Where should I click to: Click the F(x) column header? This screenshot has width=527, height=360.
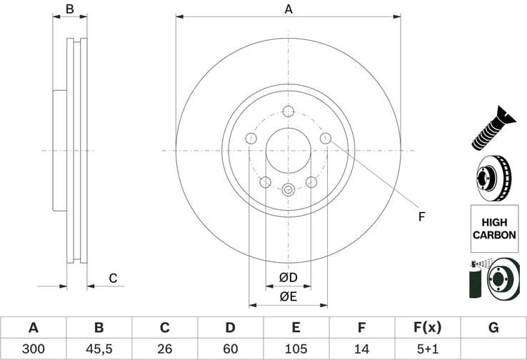[427, 328]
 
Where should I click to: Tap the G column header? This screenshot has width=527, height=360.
[493, 328]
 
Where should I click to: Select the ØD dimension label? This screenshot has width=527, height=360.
[288, 276]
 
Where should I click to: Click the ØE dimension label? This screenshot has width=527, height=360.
[288, 296]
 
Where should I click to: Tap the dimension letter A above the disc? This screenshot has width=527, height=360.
[288, 9]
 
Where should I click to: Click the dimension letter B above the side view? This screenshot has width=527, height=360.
[70, 9]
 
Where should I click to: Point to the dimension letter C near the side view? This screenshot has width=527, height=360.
[112, 279]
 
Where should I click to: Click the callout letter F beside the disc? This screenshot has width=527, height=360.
[421, 216]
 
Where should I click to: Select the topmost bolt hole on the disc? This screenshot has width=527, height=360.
[288, 111]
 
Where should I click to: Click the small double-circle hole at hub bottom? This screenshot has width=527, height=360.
[288, 190]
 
